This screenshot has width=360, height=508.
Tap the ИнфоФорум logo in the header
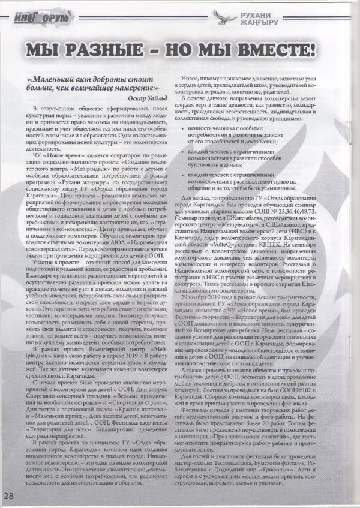pyautogui.click(x=41, y=19)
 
